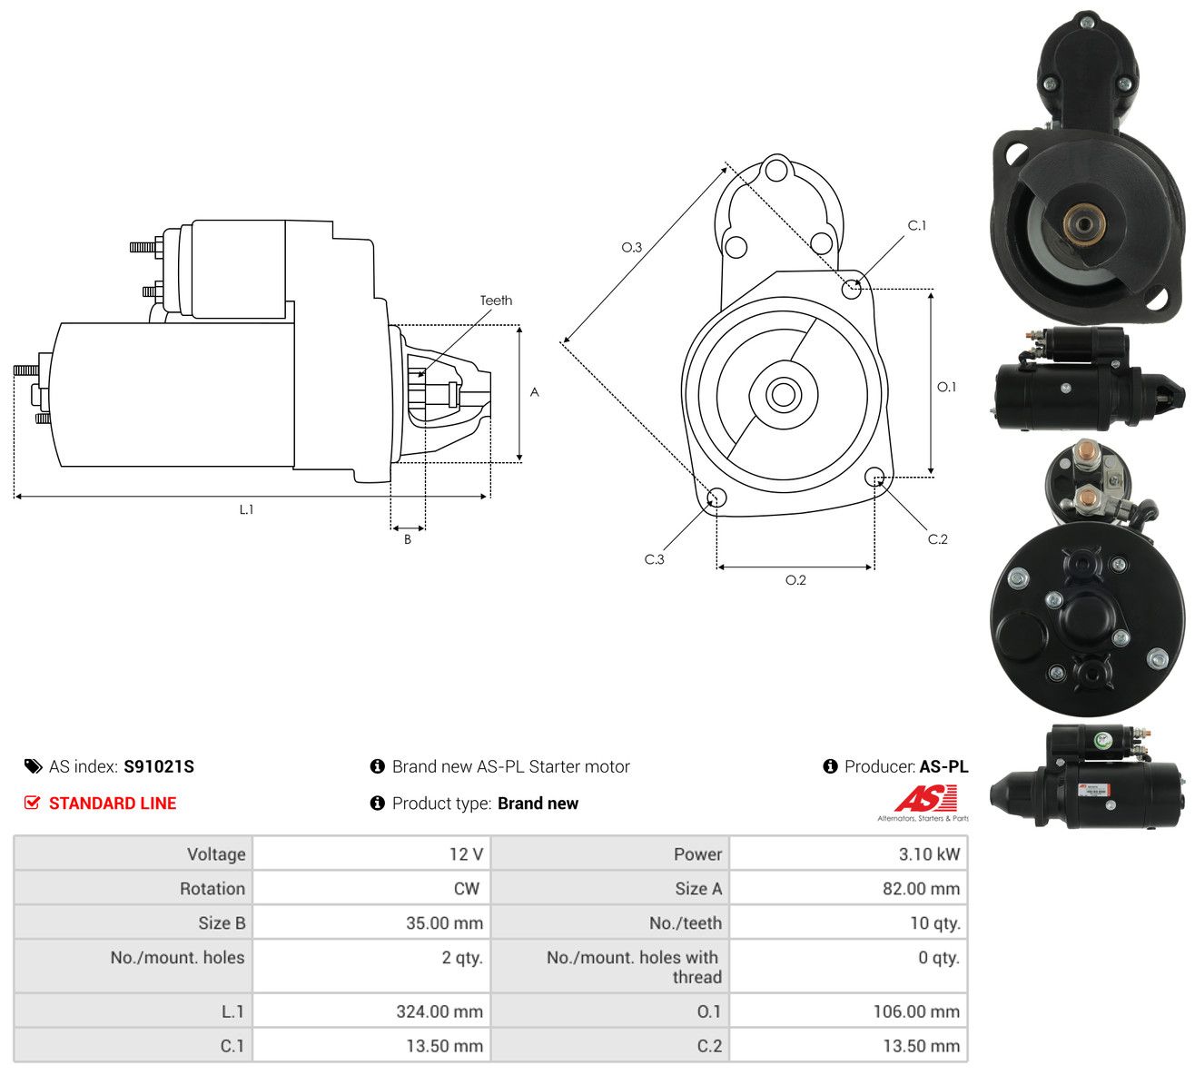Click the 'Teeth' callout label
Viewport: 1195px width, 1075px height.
click(x=496, y=301)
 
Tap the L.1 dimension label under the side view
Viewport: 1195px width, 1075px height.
click(x=247, y=509)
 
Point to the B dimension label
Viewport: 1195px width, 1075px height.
click(x=408, y=539)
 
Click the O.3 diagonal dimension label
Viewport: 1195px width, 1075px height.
click(x=631, y=247)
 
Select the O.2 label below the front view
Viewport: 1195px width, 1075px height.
click(x=795, y=580)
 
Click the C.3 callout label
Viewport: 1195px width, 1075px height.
click(x=654, y=559)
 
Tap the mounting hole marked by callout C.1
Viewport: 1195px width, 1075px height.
click(x=852, y=290)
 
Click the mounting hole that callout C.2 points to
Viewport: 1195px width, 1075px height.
click(x=874, y=477)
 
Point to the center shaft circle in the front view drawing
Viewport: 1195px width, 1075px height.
click(x=783, y=394)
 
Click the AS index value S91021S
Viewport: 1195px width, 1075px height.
click(x=159, y=766)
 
